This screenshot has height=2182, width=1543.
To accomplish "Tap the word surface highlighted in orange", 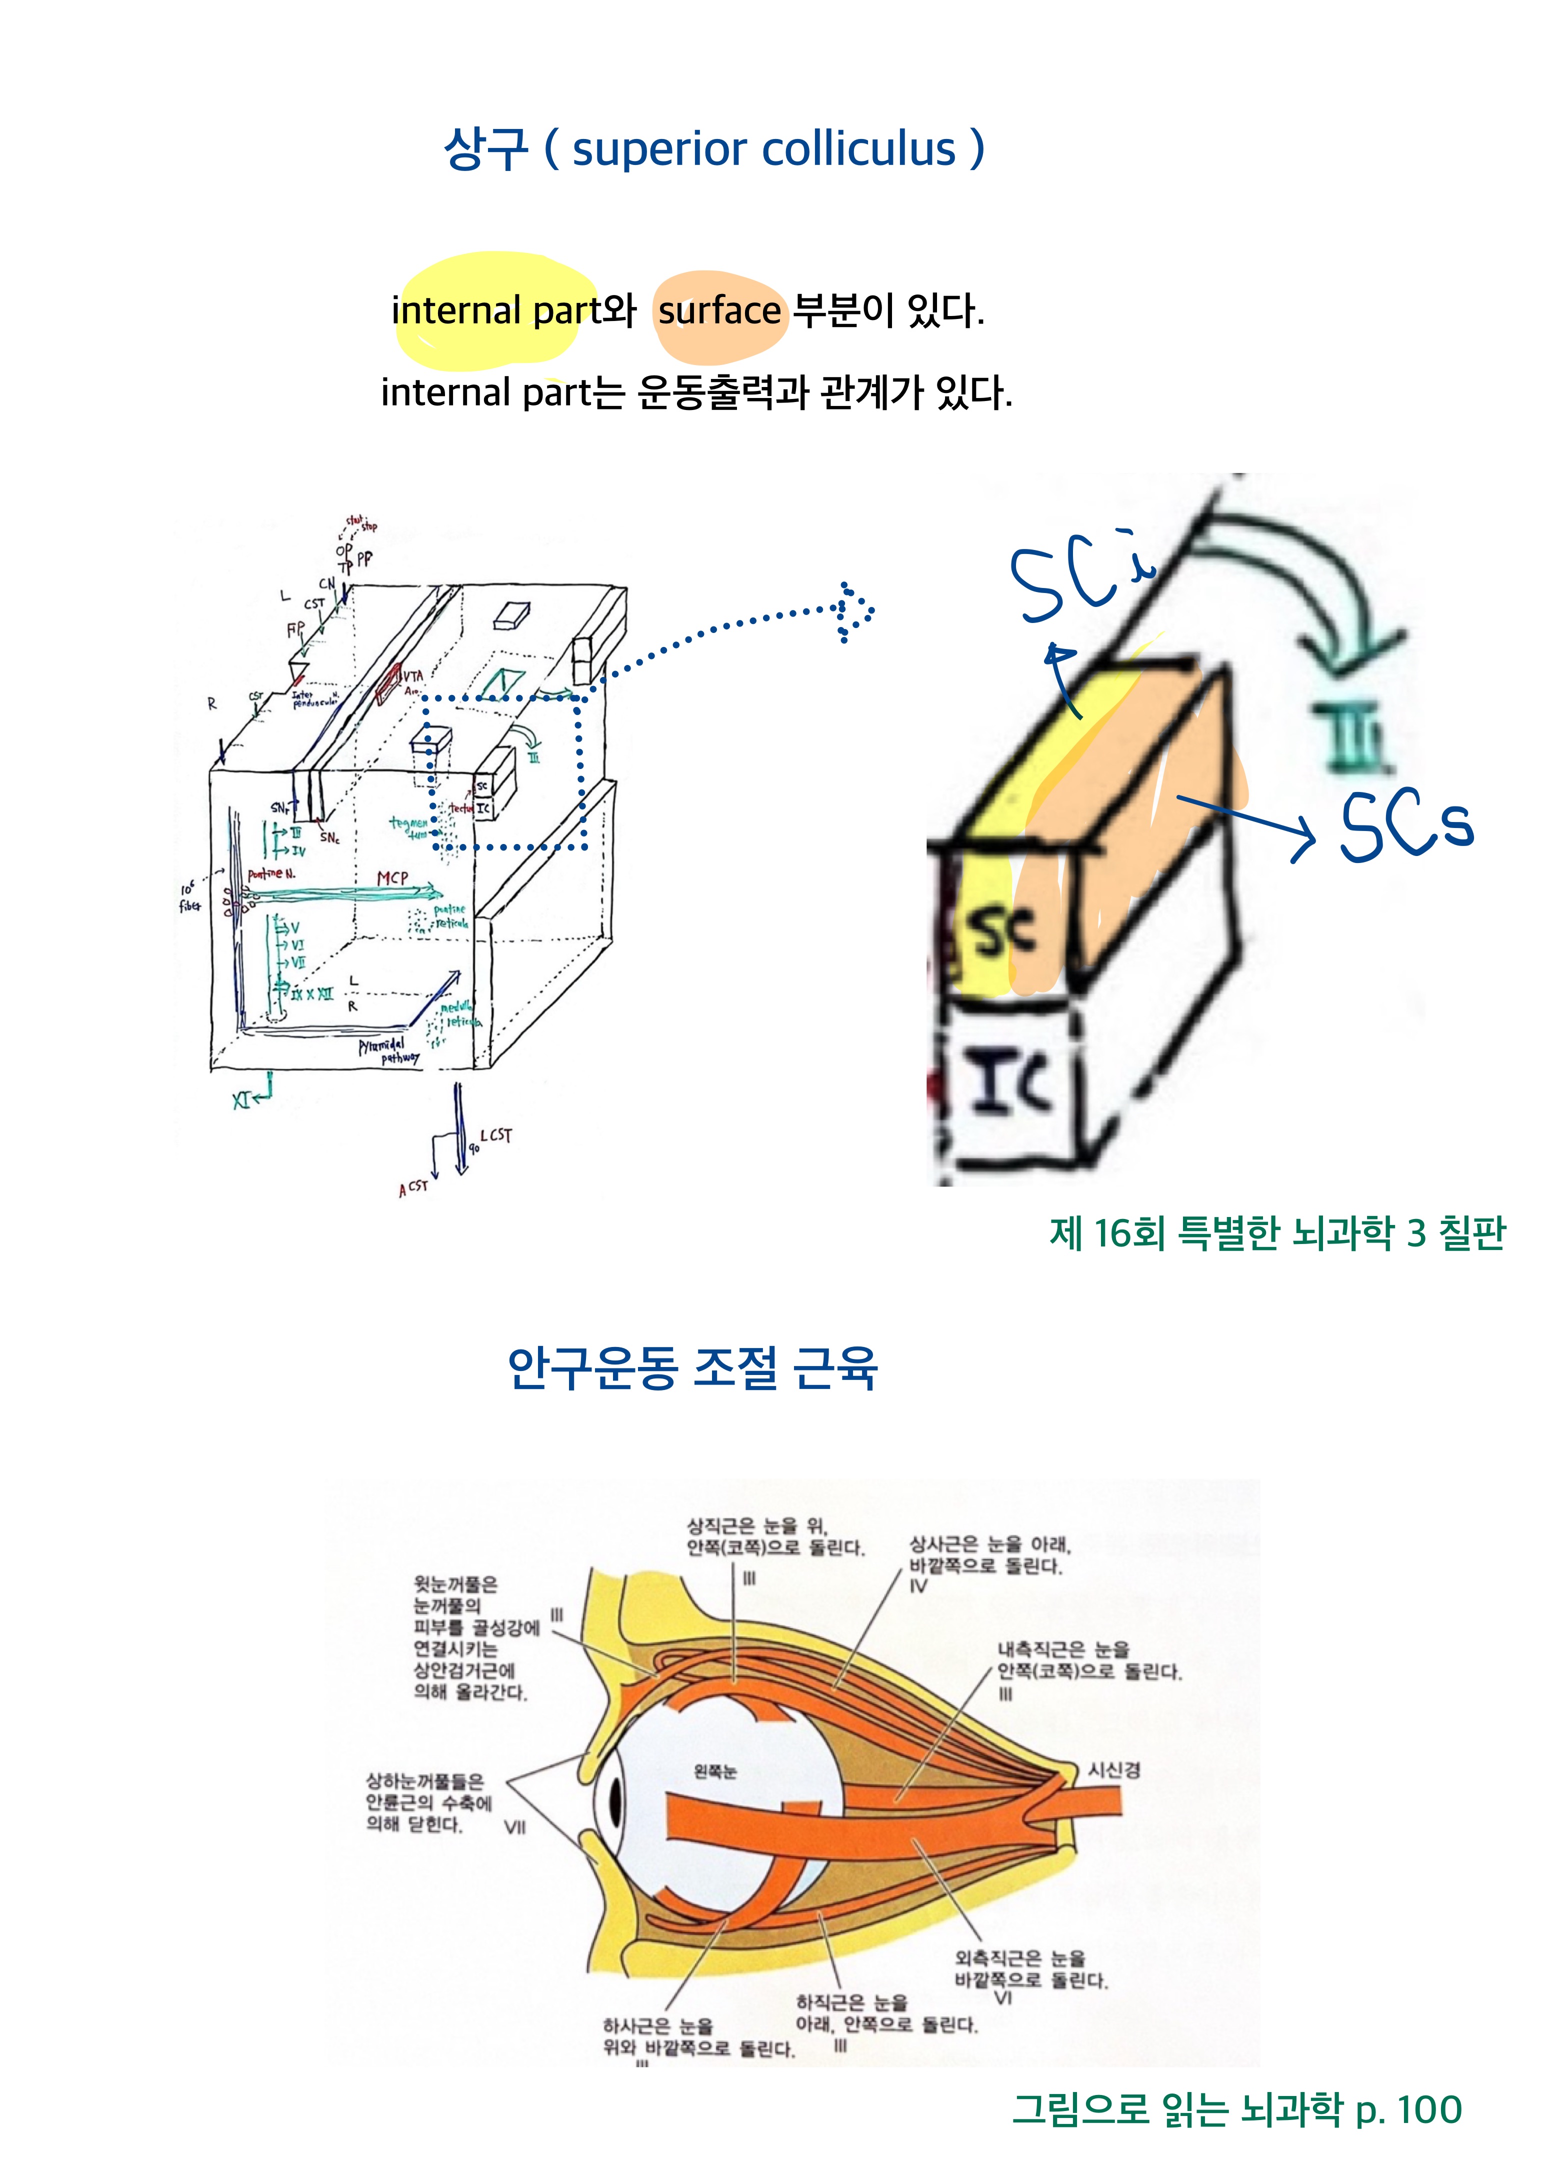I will point(719,311).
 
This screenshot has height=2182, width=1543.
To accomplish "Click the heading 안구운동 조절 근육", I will point(691,1368).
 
